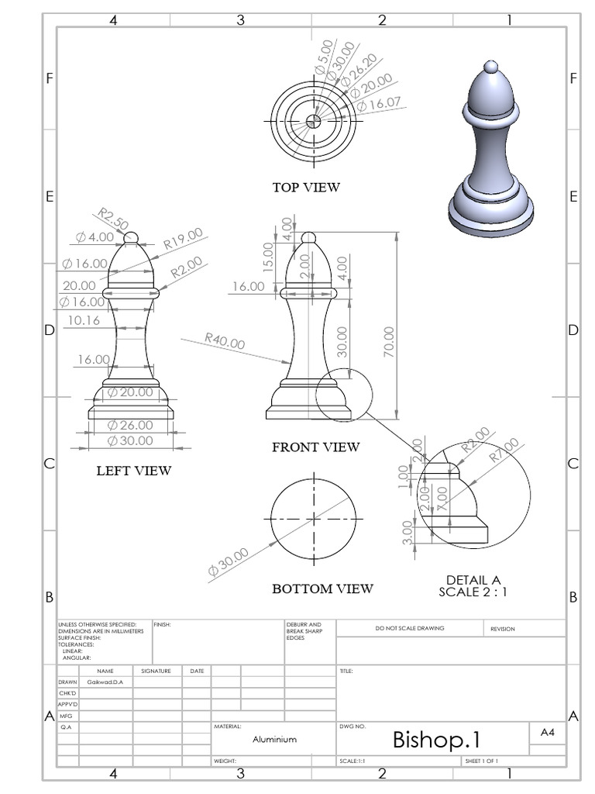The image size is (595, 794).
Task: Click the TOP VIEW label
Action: pyautogui.click(x=305, y=187)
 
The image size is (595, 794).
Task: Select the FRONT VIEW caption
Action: pyautogui.click(x=315, y=447)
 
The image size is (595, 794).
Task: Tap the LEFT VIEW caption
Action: pyautogui.click(x=133, y=470)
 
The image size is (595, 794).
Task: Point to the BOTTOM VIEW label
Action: pyautogui.click(x=322, y=589)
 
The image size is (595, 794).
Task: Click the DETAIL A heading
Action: pyautogui.click(x=473, y=579)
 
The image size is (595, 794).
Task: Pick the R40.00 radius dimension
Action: pyautogui.click(x=225, y=341)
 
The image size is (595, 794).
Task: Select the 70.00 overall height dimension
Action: pyautogui.click(x=389, y=341)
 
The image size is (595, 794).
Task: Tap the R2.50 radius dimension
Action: pyautogui.click(x=113, y=219)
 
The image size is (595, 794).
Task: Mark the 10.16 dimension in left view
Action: pyautogui.click(x=83, y=319)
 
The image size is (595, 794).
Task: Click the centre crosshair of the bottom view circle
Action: pyautogui.click(x=314, y=517)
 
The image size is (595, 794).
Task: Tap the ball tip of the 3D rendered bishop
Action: pyautogui.click(x=490, y=67)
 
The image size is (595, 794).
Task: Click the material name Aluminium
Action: pyautogui.click(x=274, y=740)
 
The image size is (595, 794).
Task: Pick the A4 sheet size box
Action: pyautogui.click(x=546, y=731)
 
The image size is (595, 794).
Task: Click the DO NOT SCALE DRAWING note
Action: pyautogui.click(x=409, y=628)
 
